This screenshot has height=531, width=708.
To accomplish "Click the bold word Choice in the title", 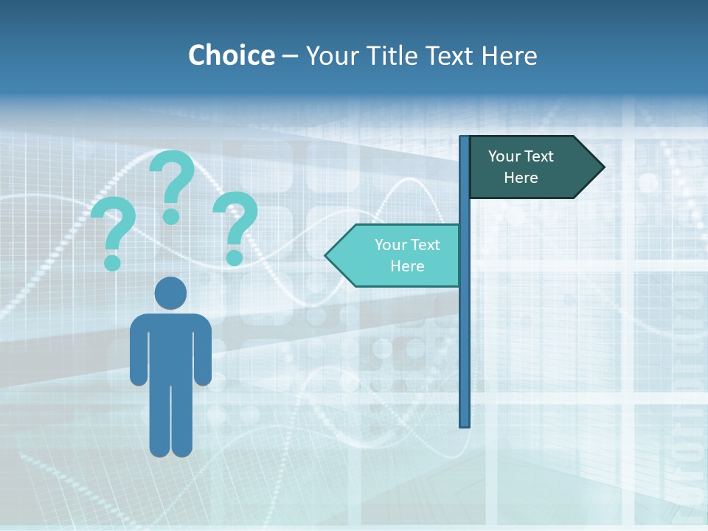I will coord(231,55).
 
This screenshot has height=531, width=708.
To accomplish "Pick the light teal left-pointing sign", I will coord(398,256).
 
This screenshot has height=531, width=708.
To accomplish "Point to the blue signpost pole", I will coord(465,332).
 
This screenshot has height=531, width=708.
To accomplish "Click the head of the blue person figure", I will coord(170,293).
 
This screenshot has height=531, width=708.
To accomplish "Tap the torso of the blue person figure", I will coord(170,347).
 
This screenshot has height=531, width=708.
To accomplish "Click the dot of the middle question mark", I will coord(171,216).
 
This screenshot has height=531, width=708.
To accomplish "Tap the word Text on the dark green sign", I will coord(538,156).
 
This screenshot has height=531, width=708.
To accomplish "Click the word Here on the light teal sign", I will coord(407,266).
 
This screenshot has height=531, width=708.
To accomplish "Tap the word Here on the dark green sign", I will coord(521,178).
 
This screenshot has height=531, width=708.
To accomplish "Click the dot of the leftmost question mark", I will coord(112,262).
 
